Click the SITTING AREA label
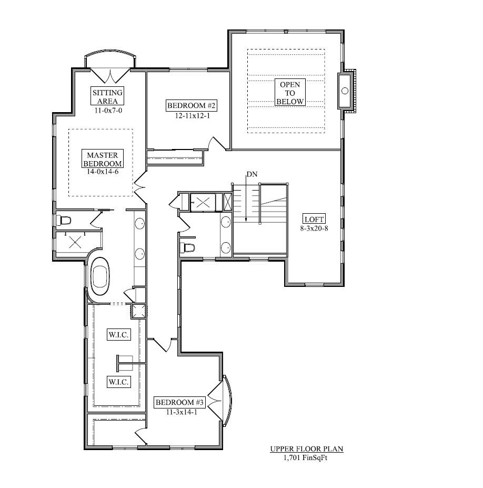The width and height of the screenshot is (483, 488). tap(108, 97)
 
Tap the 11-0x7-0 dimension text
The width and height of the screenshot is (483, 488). tap(108, 111)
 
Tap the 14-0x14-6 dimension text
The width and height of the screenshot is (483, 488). tap(102, 172)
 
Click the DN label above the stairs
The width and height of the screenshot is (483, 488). tap(251, 174)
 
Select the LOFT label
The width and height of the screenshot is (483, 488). tap(314, 219)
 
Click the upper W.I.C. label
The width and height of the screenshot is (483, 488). tap(119, 335)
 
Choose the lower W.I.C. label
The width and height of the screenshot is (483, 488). tap(119, 382)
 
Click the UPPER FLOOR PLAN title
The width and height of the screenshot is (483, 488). tap(306, 449)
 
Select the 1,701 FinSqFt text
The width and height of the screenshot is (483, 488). tap(306, 457)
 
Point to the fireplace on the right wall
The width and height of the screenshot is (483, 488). tap(347, 91)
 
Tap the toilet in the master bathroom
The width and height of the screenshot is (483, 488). tap(65, 220)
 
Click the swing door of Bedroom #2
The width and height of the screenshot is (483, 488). tap(217, 144)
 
